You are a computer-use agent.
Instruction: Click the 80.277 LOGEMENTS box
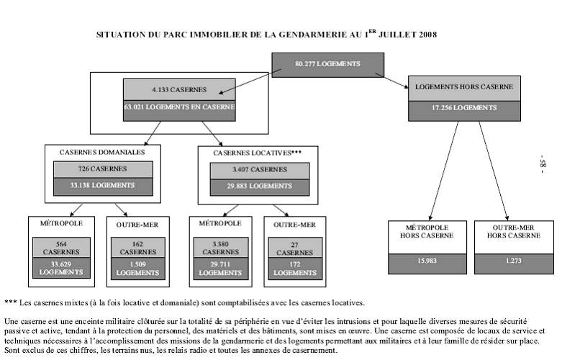(x=327, y=64)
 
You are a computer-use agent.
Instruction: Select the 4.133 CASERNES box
(x=179, y=90)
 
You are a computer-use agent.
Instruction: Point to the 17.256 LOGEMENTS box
(x=465, y=108)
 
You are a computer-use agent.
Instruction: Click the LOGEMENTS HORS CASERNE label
(x=465, y=88)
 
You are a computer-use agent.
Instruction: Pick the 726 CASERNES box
(x=102, y=169)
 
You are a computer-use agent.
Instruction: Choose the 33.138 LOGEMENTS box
(x=102, y=186)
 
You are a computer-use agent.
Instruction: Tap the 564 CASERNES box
(x=61, y=248)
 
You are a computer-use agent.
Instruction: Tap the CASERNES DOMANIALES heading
(x=102, y=153)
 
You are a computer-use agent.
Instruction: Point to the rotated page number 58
(x=544, y=166)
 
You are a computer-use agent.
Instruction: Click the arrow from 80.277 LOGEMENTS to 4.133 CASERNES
(x=245, y=81)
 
